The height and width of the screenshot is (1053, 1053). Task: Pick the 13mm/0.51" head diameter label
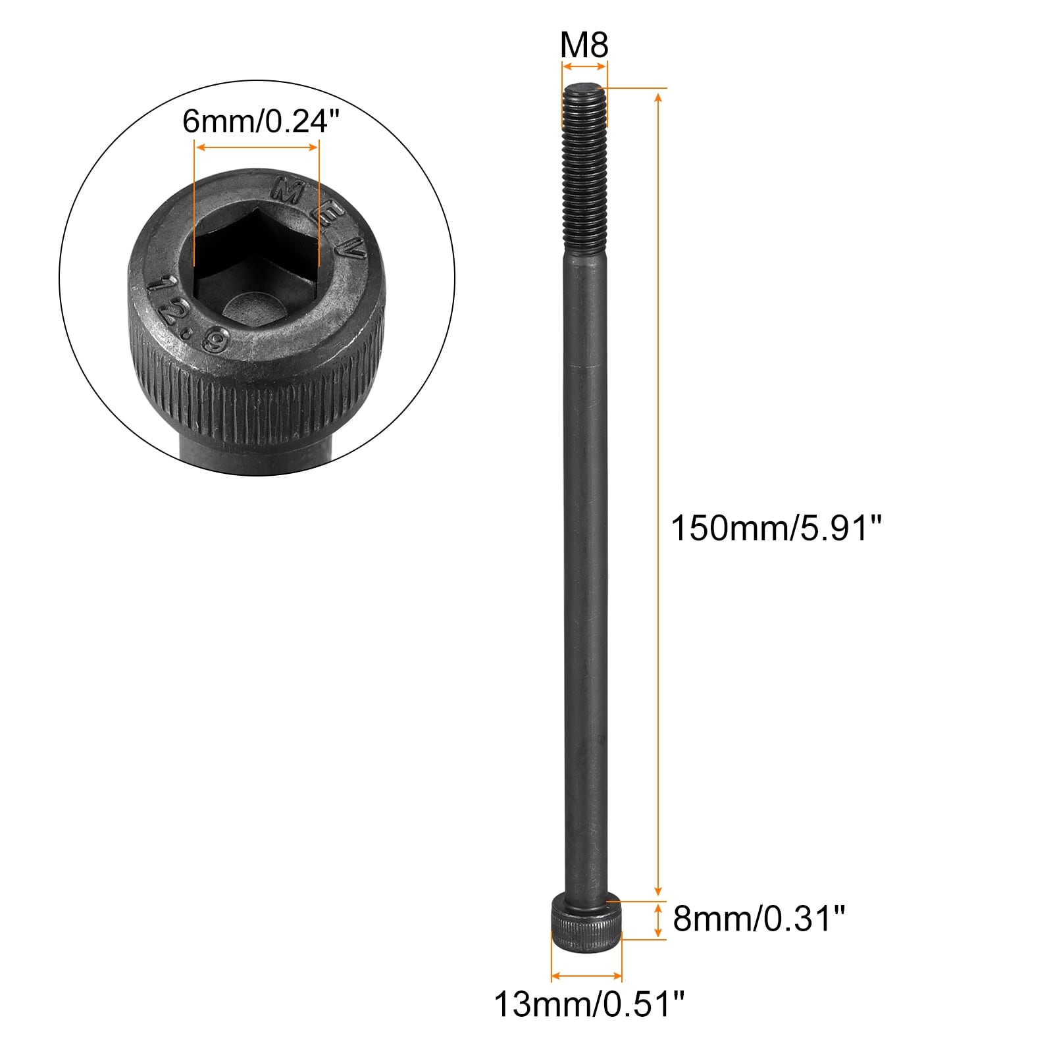point(590,1004)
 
